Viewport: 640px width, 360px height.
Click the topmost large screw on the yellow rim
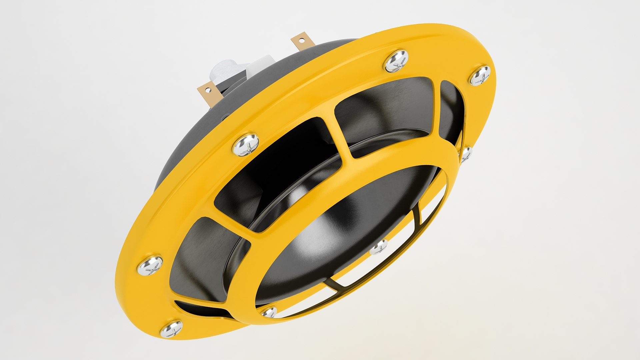point(396,61)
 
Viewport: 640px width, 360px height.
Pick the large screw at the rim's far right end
point(480,76)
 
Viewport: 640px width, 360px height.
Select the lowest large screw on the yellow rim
point(171,328)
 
